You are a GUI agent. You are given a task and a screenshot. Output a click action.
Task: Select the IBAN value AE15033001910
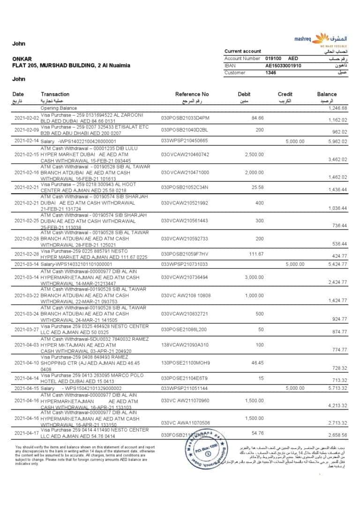[x=283, y=66]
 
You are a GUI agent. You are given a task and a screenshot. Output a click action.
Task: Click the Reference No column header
[x=192, y=94]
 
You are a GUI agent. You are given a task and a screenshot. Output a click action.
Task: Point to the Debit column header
[x=244, y=94]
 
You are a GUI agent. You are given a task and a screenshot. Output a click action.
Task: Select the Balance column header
[x=327, y=94]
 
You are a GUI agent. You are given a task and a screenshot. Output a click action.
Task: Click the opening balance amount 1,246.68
[x=337, y=108]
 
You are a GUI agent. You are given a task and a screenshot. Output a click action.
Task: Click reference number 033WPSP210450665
[x=184, y=141]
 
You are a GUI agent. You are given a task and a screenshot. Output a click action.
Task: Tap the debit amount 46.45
[x=257, y=363]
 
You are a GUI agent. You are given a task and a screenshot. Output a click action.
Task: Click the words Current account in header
[x=242, y=51]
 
